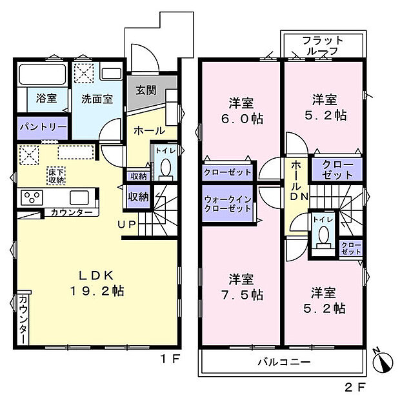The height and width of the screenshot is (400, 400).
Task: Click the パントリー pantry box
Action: pyautogui.click(x=42, y=128)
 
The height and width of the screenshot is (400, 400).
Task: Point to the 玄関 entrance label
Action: pyautogui.click(x=146, y=90)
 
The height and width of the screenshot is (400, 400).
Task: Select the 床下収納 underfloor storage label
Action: pyautogui.click(x=56, y=176)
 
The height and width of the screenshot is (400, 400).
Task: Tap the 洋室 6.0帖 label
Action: pyautogui.click(x=240, y=110)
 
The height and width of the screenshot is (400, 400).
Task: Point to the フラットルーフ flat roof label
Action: pyautogui.click(x=323, y=46)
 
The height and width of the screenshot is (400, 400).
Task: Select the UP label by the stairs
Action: pyautogui.click(x=126, y=224)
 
